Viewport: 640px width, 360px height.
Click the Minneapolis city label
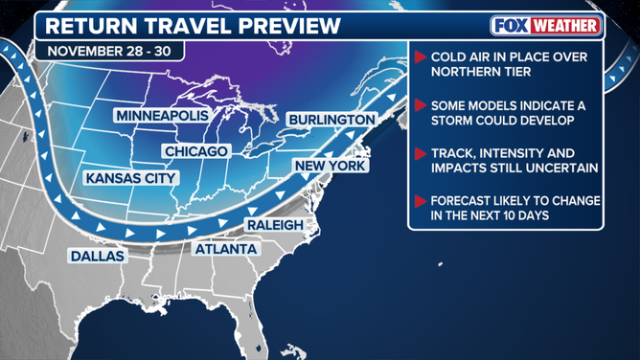point(162,116)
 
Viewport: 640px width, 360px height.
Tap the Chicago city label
point(196,151)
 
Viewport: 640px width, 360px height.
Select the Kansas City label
point(131,178)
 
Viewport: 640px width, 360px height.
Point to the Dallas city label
point(97,256)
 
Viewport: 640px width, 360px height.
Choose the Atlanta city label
point(226,249)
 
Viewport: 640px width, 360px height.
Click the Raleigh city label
point(275,224)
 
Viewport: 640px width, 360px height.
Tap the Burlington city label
point(331,120)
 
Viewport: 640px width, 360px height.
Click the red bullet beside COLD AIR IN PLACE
point(421,57)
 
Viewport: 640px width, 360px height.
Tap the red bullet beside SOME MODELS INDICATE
point(421,105)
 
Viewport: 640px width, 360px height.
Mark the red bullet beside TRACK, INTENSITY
point(421,153)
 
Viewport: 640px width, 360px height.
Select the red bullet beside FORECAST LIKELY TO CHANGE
point(421,201)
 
